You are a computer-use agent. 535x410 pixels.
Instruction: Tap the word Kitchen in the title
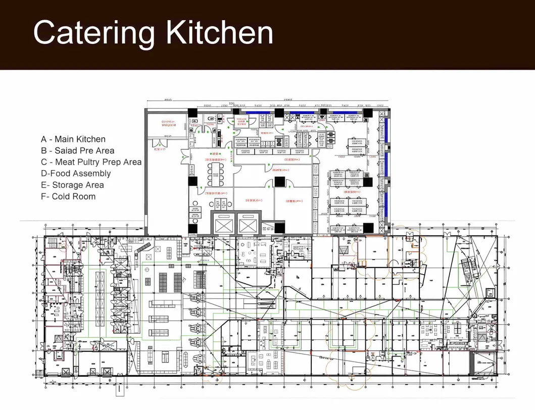point(220,33)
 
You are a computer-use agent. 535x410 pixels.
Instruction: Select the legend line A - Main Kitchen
point(73,139)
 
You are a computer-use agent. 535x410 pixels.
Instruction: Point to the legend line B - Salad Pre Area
point(77,150)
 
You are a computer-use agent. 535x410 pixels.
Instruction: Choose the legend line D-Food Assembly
point(76,173)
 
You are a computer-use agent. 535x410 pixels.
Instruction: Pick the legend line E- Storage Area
point(72,185)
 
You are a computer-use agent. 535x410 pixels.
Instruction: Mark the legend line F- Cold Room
point(68,196)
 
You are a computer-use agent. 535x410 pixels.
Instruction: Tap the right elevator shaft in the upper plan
point(248,223)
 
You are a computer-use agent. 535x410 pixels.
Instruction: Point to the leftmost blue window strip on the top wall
point(257,112)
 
